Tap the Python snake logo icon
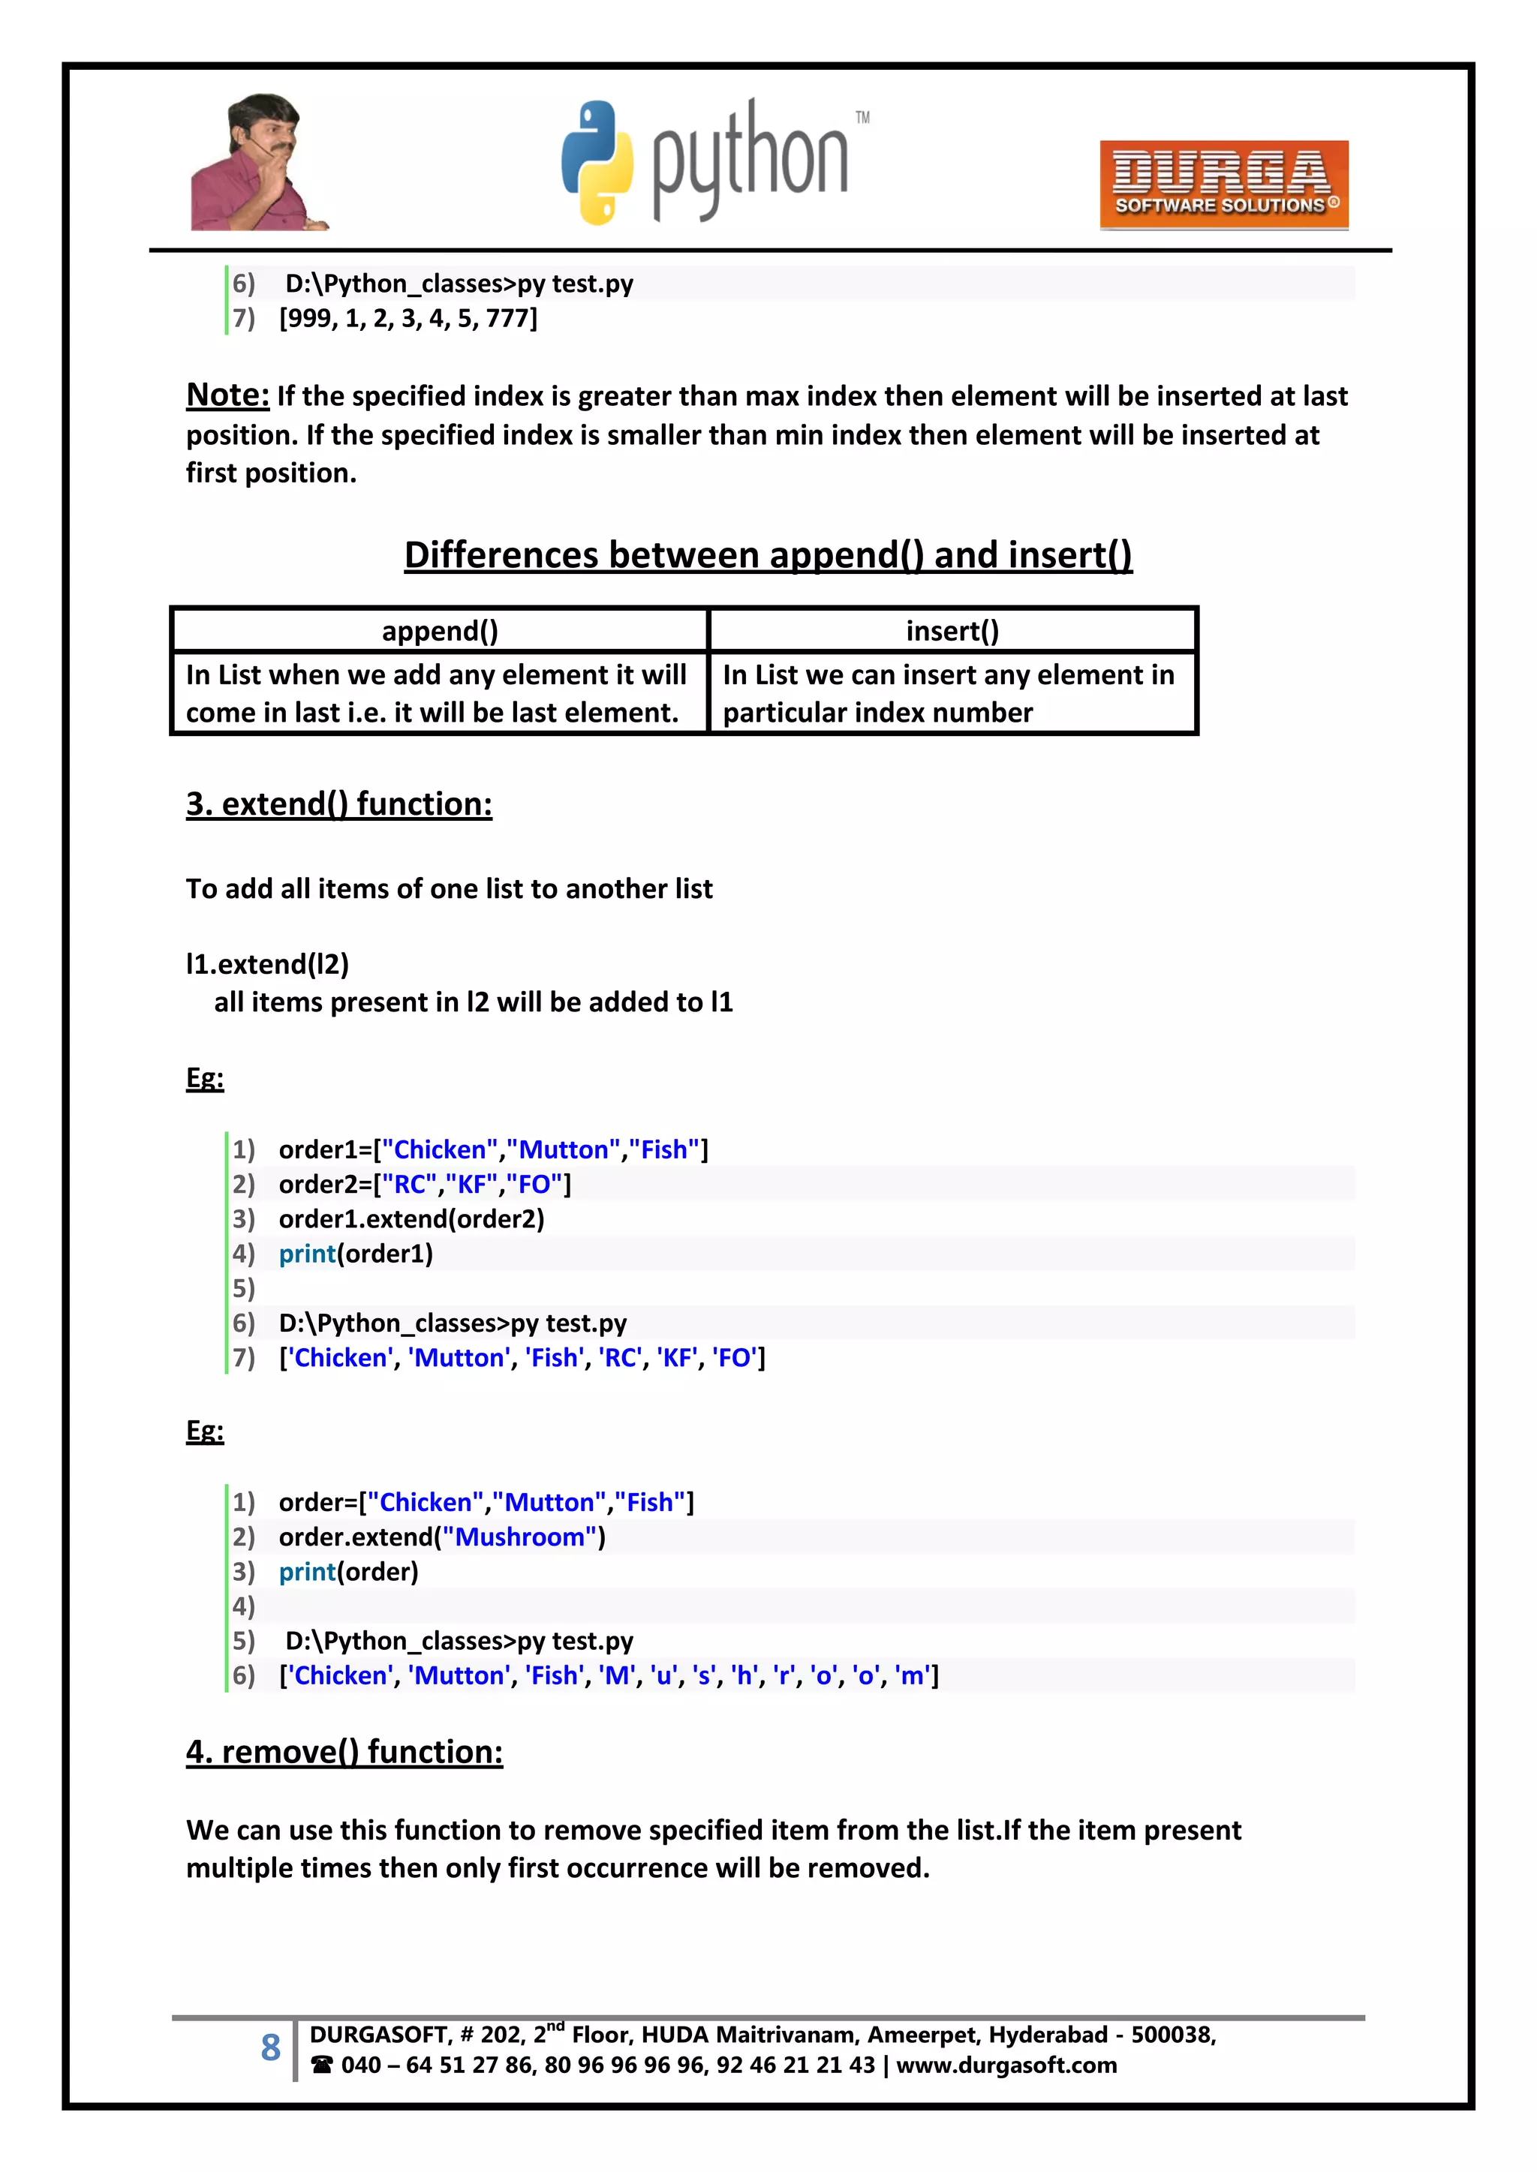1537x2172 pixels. pyautogui.click(x=596, y=163)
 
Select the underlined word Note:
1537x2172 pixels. pyautogui.click(x=227, y=395)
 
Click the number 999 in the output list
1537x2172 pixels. pyautogui.click(x=308, y=319)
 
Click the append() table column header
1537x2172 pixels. pyautogui.click(x=439, y=631)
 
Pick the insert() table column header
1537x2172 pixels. pyautogui.click(x=952, y=631)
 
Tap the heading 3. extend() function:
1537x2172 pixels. pyautogui.click(x=338, y=804)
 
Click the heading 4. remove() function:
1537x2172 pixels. pyautogui.click(x=344, y=1752)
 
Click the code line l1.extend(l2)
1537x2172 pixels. pyautogui.click(x=267, y=964)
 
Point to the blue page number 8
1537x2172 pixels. pyautogui.click(x=271, y=2048)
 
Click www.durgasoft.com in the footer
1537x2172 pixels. pyautogui.click(x=1006, y=2065)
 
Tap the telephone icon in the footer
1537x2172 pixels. pyautogui.click(x=322, y=2065)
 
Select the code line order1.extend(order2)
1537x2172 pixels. pyautogui.click(x=411, y=1219)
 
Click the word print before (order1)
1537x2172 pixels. pyautogui.click(x=307, y=1254)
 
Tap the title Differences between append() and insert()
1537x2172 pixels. pyautogui.click(x=768, y=555)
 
